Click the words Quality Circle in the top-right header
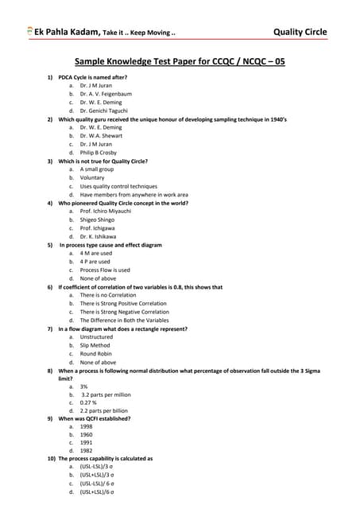300,32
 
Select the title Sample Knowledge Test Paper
179,60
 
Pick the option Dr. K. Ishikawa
98,236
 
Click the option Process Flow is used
105,270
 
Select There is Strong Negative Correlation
124,312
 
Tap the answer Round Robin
97,353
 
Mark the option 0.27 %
90,402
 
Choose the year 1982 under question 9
86,451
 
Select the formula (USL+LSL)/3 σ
97,476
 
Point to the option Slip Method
95,345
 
